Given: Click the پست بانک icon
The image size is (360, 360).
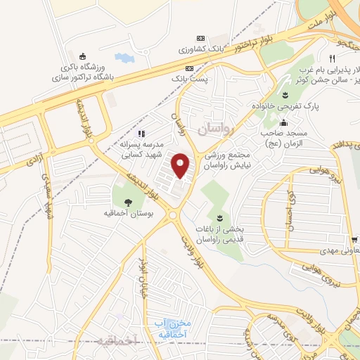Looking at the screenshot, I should coord(188,68).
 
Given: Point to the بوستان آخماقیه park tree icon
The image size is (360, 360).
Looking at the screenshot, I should coord(127,202).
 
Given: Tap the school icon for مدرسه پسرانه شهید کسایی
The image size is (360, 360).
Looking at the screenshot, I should coord(141,134).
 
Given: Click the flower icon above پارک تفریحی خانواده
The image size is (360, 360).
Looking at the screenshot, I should coord(285,95).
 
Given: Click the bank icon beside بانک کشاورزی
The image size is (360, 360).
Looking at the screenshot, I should coord(202,37).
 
